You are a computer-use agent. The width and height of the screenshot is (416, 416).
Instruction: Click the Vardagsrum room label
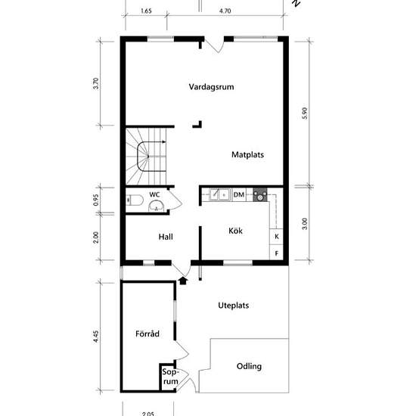211,87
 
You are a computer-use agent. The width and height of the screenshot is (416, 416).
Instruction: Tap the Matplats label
247,154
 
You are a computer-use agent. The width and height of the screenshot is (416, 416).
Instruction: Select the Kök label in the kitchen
235,231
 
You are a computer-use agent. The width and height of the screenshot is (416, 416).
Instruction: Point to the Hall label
166,237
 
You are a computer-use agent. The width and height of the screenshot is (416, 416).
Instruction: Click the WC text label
154,194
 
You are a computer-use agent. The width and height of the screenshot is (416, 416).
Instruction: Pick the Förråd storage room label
147,334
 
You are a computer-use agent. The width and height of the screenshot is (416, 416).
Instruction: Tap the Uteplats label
234,306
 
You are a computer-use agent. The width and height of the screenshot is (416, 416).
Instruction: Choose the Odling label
249,366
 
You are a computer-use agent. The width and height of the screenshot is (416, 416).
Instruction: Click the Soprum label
169,377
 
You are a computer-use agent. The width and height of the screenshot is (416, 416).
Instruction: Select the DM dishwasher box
239,194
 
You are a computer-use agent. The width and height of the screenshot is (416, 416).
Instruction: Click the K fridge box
276,237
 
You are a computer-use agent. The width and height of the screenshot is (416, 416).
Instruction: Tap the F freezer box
276,253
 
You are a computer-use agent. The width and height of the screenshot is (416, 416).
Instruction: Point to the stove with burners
259,194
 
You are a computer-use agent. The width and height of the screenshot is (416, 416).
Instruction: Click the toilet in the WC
135,200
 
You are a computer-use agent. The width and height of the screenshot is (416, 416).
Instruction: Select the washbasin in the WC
157,206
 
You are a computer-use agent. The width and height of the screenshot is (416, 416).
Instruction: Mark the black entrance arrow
183,281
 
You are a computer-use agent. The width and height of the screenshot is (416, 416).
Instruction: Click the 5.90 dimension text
305,113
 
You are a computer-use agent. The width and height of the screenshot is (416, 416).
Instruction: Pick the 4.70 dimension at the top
225,11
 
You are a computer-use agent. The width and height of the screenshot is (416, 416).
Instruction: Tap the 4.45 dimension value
96,337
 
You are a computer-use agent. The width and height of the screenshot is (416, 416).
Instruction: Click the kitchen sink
219,194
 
